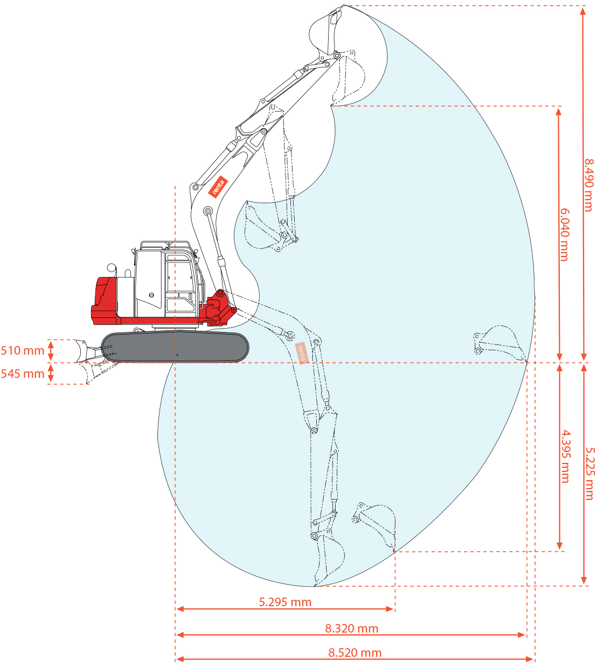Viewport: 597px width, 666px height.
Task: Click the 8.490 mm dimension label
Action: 589,185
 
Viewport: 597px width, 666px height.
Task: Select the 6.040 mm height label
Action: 564,234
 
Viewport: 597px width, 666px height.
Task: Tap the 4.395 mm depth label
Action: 565,456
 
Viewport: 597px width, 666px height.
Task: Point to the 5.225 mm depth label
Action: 589,474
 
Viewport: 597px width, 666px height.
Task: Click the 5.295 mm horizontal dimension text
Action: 285,602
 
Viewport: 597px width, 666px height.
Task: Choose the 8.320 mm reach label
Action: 351,628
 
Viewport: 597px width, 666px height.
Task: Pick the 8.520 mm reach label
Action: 355,653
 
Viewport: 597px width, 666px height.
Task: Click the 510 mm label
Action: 22,351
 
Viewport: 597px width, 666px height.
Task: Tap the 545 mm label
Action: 22,374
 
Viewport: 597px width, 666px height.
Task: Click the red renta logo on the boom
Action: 218,186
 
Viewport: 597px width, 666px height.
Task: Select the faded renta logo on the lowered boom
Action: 301,353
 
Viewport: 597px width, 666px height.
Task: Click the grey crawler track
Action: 175,347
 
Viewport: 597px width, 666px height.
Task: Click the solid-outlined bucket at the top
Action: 326,32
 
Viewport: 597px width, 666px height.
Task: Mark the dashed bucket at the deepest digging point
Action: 330,560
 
